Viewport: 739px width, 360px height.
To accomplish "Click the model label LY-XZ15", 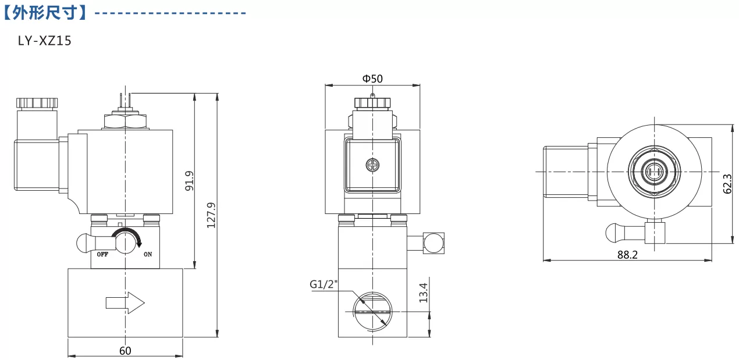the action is pos(45,41).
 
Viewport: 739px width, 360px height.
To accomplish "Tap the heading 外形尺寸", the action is pos(45,13).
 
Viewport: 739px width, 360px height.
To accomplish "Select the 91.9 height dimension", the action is pos(189,181).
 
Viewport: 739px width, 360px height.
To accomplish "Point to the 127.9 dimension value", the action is pos(211,215).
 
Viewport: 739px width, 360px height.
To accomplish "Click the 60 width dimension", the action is pos(125,351).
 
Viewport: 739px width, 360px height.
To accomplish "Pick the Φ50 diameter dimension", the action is pos(372,79).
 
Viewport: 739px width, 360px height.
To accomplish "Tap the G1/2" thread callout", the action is pos(324,284).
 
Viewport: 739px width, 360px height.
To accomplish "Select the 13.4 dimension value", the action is pos(423,293).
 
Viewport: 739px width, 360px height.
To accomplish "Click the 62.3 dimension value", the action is pos(727,184).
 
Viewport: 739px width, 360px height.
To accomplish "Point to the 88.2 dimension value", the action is pos(627,255).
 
